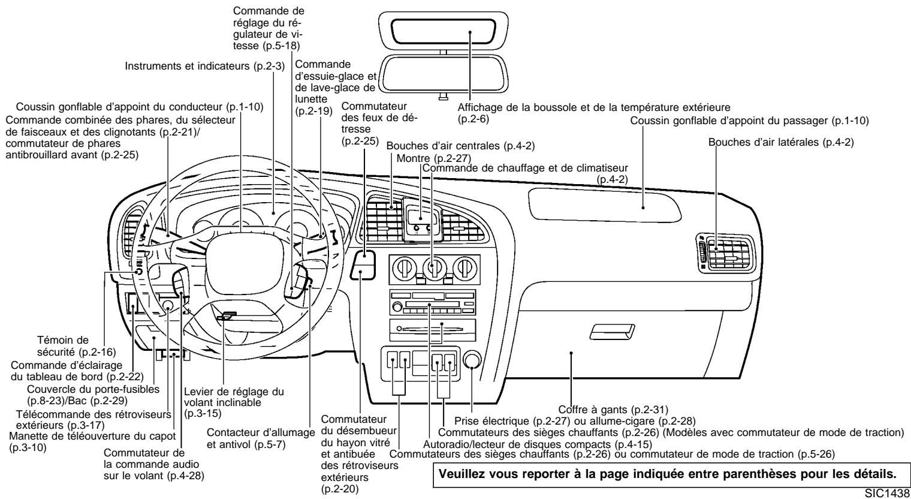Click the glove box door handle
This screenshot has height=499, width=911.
click(611, 330)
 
